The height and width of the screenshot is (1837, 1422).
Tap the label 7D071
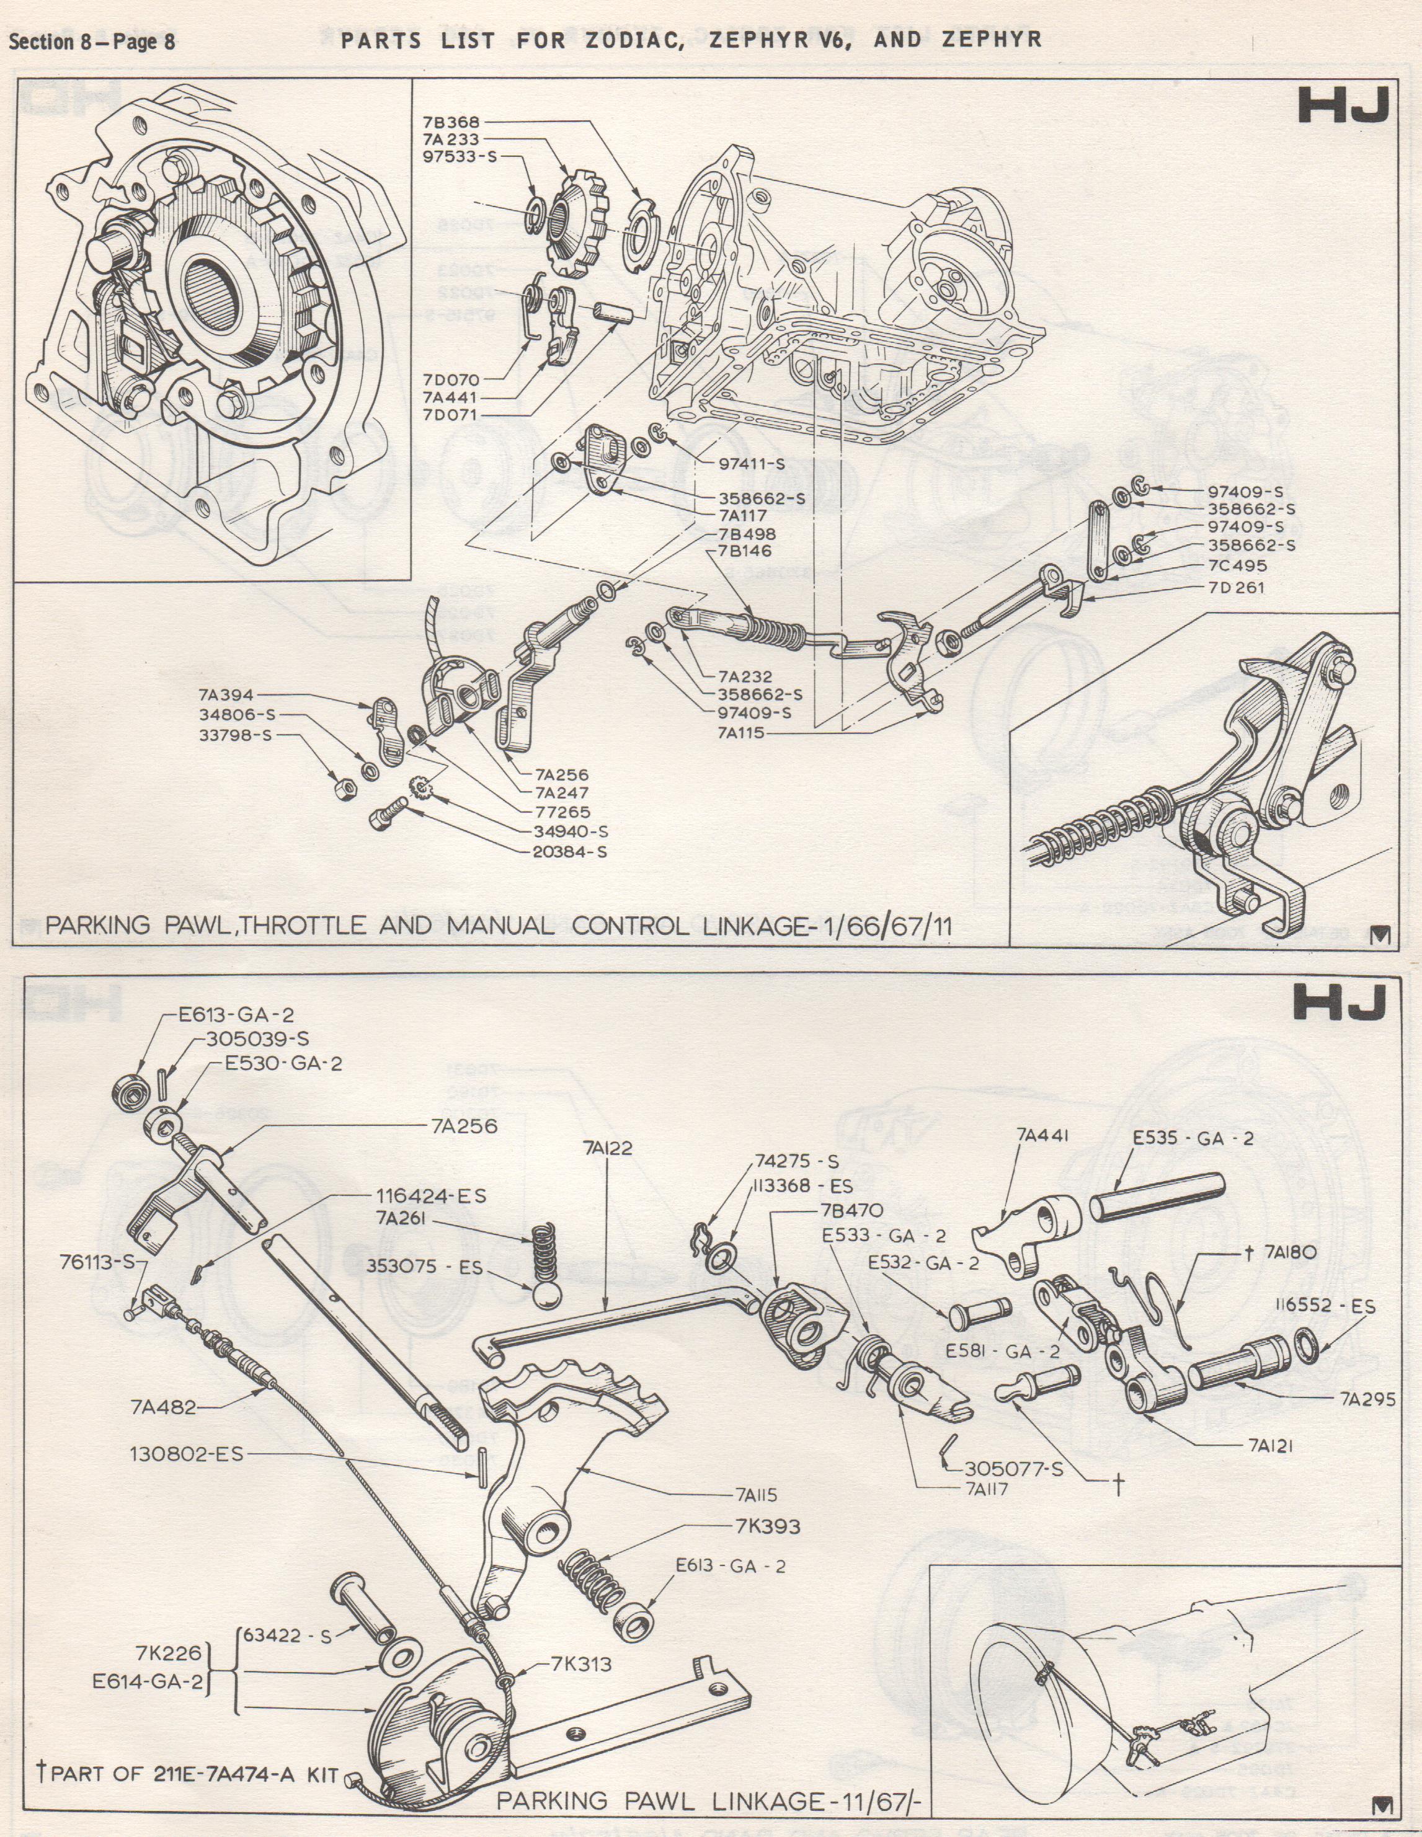pyautogui.click(x=450, y=415)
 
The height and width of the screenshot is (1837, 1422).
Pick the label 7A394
pyautogui.click(x=226, y=695)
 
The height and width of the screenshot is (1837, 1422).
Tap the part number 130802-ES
pyautogui.click(x=186, y=1453)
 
